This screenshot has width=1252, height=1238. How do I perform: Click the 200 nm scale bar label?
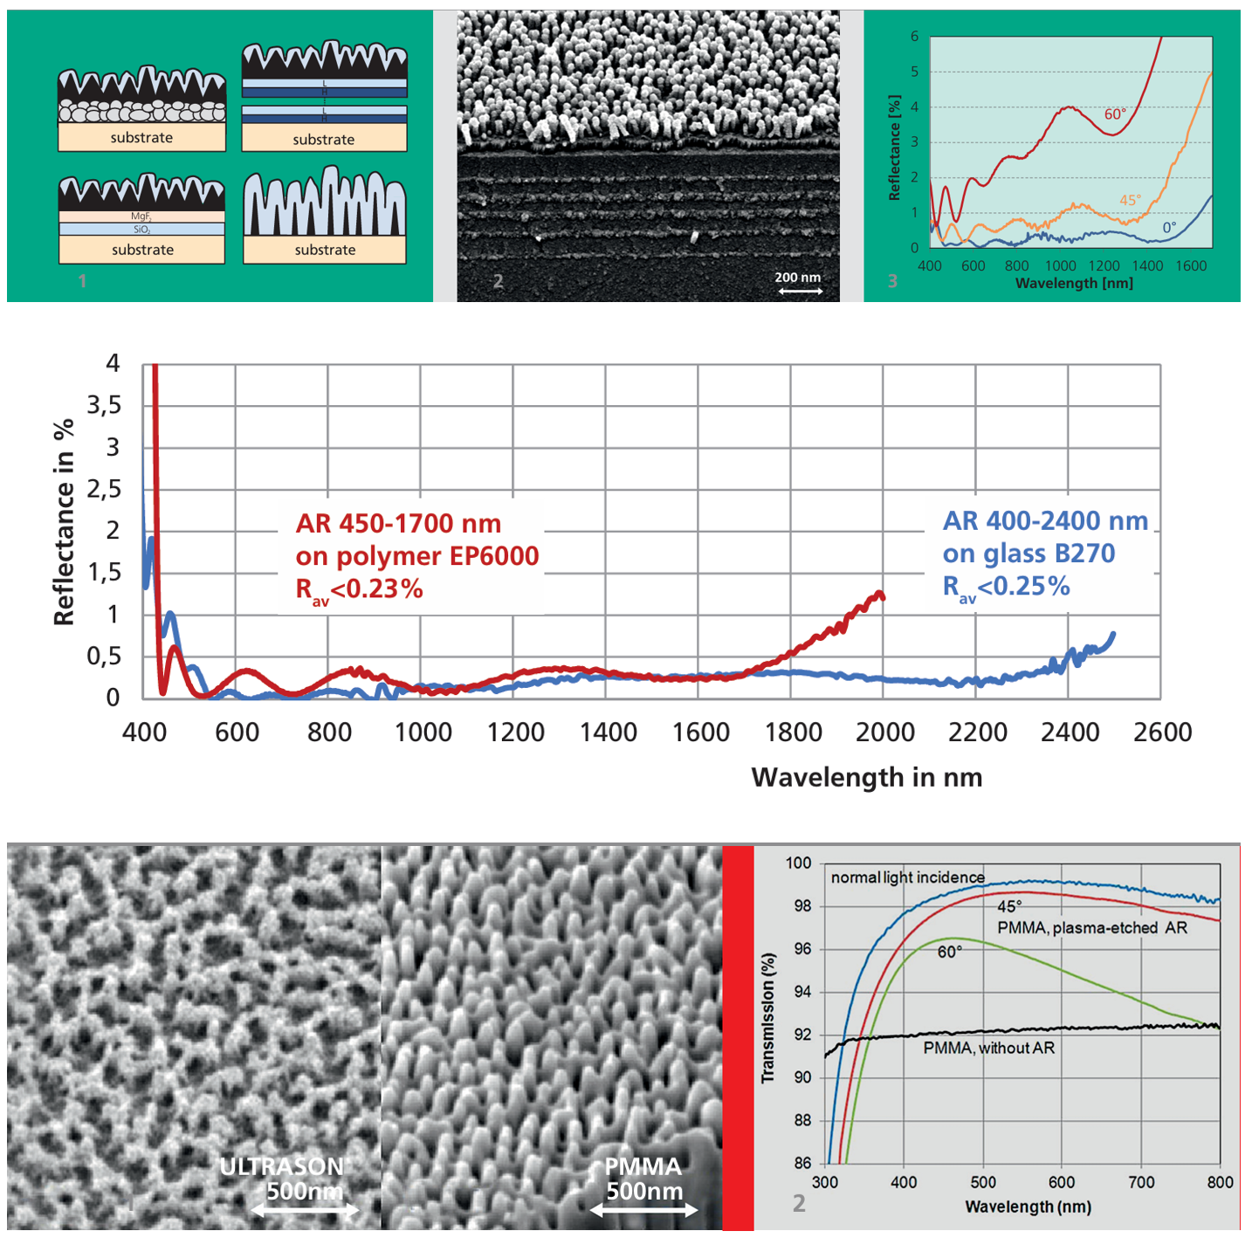(797, 277)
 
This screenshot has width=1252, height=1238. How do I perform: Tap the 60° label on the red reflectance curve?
(1115, 114)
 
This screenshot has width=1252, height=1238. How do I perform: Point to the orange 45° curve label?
(1130, 200)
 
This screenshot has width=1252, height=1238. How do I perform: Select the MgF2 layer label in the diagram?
(141, 216)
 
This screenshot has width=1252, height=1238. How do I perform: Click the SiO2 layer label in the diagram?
(141, 229)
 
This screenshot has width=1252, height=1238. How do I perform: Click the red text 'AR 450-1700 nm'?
(398, 523)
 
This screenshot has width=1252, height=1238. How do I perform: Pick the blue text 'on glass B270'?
(1028, 554)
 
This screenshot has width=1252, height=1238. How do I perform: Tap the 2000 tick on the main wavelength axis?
(884, 732)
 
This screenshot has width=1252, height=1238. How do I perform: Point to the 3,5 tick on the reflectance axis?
(104, 405)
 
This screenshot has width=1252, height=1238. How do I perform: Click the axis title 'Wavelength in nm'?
(866, 777)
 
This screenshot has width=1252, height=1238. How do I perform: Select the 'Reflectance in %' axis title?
(64, 522)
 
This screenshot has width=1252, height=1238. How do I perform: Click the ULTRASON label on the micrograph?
(281, 1166)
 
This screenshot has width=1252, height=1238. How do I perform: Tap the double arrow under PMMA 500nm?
(643, 1210)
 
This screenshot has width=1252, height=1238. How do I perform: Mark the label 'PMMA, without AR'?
(988, 1048)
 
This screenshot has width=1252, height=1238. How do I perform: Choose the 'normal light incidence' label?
(907, 877)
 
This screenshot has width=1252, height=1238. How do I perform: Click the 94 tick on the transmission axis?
(801, 992)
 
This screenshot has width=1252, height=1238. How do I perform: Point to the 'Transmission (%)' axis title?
(767, 1018)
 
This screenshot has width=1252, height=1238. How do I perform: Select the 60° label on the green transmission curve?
(949, 952)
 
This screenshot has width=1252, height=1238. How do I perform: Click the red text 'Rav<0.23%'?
(359, 590)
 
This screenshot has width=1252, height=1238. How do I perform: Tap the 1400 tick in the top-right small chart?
(1147, 265)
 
